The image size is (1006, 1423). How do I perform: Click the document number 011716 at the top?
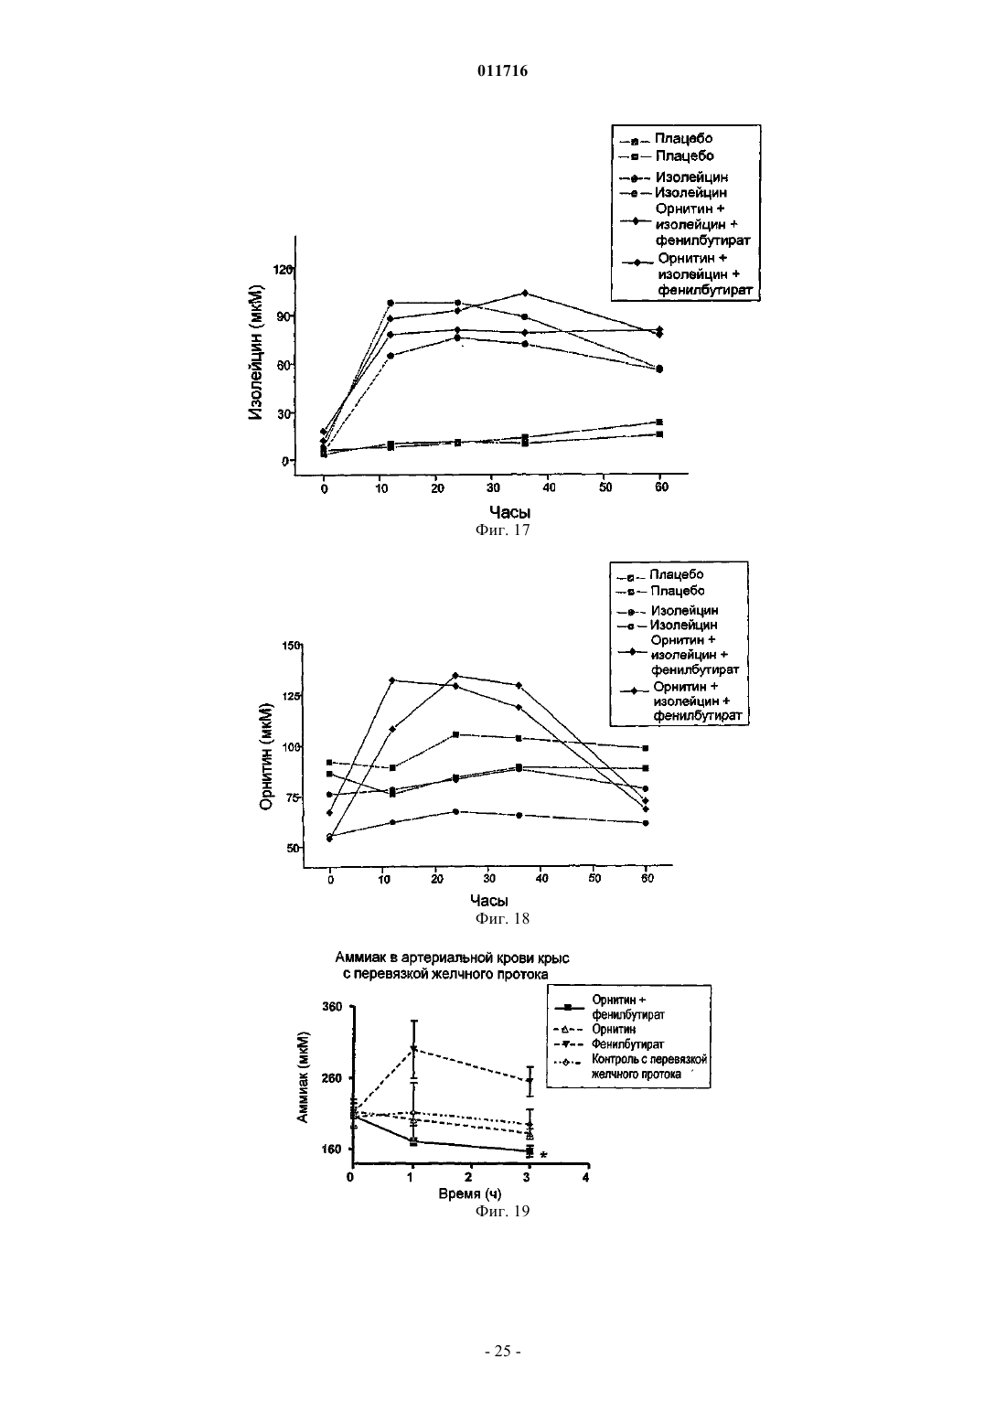pyautogui.click(x=502, y=70)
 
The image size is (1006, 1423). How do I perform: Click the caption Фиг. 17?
pyautogui.click(x=502, y=530)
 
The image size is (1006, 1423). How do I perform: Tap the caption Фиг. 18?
pyautogui.click(x=502, y=918)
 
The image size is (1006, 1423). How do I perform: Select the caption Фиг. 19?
pyautogui.click(x=502, y=1210)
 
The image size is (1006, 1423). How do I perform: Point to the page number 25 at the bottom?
pyautogui.click(x=502, y=1351)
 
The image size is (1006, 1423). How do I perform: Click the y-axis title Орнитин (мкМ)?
pyautogui.click(x=266, y=756)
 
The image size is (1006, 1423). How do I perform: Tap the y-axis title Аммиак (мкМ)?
pyautogui.click(x=303, y=1078)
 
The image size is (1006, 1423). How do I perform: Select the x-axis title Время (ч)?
pyautogui.click(x=470, y=1193)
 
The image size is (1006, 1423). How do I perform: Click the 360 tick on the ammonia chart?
pyautogui.click(x=332, y=1006)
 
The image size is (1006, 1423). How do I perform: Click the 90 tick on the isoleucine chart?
pyautogui.click(x=284, y=316)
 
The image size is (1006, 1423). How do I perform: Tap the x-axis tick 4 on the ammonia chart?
pyautogui.click(x=585, y=1177)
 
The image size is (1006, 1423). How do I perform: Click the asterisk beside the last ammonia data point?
pyautogui.click(x=543, y=1156)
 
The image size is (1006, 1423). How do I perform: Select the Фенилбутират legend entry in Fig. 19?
pyautogui.click(x=628, y=1043)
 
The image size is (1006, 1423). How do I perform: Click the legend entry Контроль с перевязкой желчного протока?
pyautogui.click(x=649, y=1066)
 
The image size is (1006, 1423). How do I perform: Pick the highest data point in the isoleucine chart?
pyautogui.click(x=525, y=293)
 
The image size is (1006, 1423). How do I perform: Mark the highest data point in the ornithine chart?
pyautogui.click(x=455, y=675)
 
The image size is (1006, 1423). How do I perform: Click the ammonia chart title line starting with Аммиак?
pyautogui.click(x=452, y=958)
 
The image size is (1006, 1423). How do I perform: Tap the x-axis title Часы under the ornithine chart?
pyautogui.click(x=489, y=900)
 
